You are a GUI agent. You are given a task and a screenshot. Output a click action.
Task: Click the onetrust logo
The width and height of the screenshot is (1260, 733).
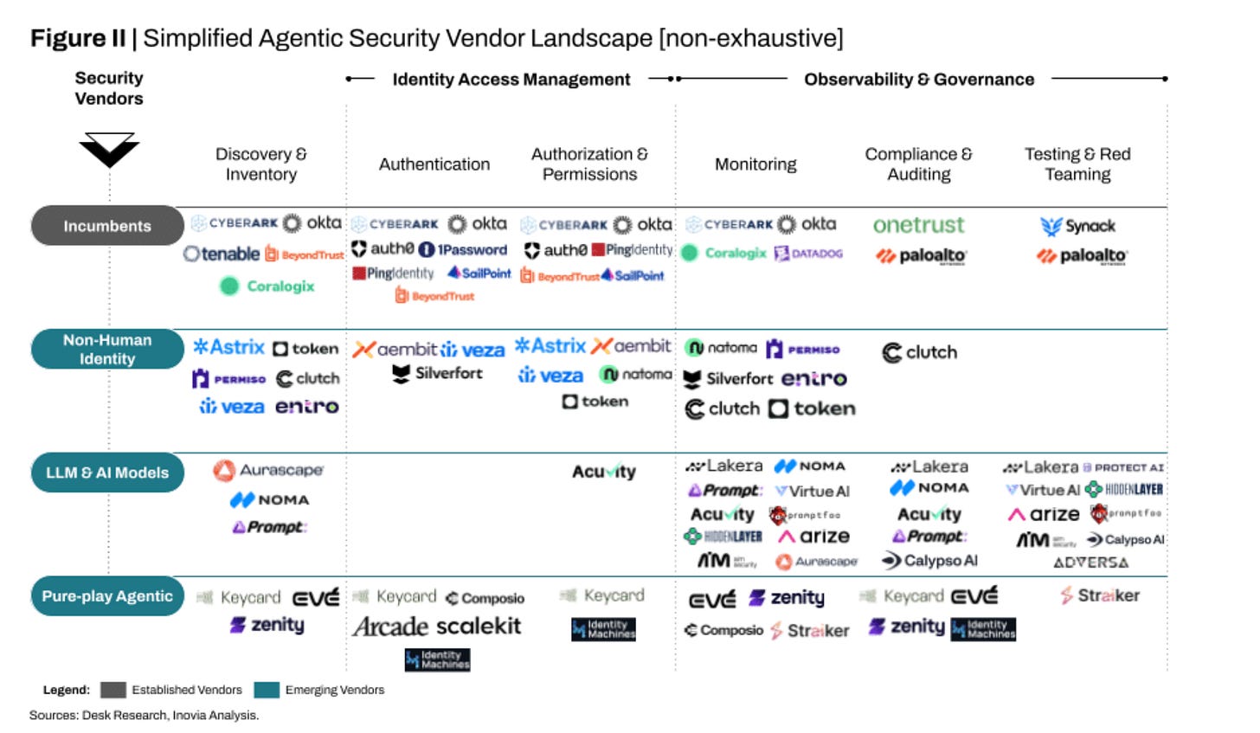point(918,225)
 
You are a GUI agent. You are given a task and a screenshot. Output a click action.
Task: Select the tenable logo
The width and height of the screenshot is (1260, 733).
point(222,254)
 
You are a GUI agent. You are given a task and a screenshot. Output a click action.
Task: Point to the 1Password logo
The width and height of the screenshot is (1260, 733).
point(463,249)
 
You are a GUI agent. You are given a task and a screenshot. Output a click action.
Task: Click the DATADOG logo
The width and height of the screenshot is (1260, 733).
point(808,253)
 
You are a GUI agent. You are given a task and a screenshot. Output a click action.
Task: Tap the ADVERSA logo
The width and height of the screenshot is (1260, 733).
point(1090,563)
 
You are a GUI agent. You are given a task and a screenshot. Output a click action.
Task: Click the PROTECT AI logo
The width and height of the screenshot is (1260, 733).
point(1123,467)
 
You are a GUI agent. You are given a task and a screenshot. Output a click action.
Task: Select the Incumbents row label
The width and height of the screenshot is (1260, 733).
point(106,226)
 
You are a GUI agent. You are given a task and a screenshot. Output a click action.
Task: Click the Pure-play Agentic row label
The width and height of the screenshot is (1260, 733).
point(107,596)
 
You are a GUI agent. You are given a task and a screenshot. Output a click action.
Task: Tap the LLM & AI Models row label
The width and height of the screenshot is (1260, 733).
point(107,473)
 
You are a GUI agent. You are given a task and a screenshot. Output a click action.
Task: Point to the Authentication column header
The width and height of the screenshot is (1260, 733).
point(434,164)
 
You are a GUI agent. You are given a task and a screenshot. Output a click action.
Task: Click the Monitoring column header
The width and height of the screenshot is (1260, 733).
point(755,164)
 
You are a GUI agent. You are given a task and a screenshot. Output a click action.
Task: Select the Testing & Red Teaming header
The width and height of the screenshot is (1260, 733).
point(1077,164)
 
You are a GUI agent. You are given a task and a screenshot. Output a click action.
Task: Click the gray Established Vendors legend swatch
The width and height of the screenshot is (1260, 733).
point(112,690)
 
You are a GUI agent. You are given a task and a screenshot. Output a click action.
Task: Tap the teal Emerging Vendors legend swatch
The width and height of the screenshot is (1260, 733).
point(267,690)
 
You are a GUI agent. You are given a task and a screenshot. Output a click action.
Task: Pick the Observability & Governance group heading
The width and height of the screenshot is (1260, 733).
point(919,80)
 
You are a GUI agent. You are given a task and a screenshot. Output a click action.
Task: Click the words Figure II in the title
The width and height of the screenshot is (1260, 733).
point(78,39)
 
